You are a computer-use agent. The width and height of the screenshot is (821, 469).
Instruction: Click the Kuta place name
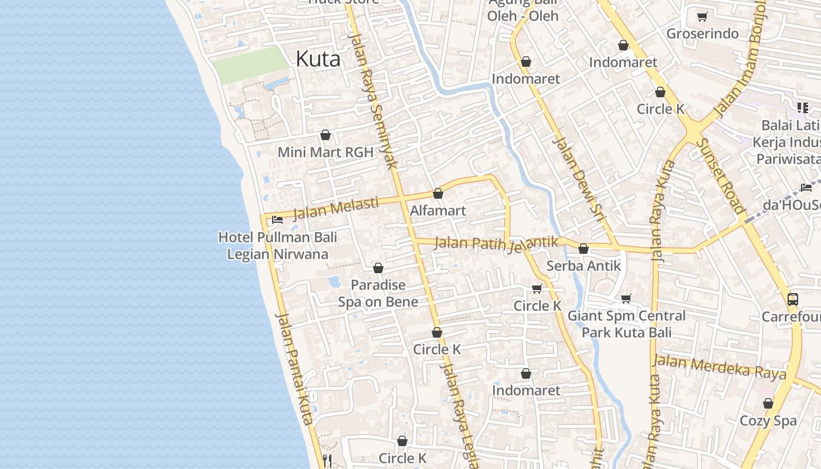318,59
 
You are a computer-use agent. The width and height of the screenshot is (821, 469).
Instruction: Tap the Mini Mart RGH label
325,152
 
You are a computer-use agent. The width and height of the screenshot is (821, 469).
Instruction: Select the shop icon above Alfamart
438,193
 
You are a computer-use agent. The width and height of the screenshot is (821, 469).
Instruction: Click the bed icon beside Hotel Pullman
277,220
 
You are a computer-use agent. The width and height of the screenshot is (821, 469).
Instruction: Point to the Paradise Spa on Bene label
378,293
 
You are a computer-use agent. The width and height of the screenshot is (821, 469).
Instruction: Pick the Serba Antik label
583,266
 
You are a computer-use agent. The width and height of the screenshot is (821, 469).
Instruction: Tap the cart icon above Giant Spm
626,299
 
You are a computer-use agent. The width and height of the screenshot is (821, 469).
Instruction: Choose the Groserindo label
703,33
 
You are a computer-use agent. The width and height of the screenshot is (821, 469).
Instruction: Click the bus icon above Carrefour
792,300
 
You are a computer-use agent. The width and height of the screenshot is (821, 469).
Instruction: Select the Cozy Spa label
768,420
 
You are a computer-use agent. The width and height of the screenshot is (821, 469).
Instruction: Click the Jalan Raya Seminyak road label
374,100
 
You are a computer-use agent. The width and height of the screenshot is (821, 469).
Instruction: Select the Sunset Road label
722,176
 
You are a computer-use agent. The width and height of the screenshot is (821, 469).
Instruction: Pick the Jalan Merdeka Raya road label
720,367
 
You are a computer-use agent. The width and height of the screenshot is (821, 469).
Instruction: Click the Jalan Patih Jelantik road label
496,243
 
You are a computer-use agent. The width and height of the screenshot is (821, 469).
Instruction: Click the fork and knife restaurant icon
327,460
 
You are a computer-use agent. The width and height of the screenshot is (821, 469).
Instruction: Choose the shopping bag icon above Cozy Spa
768,403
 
